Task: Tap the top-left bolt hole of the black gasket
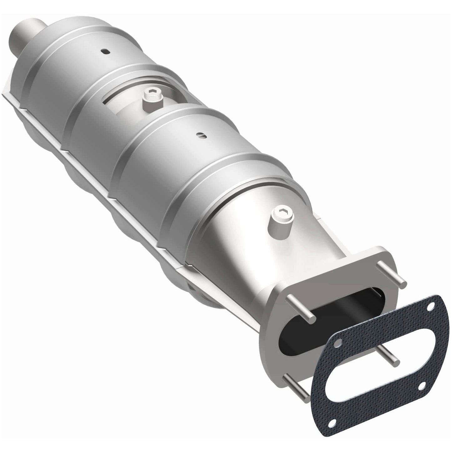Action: (x=336, y=345)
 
